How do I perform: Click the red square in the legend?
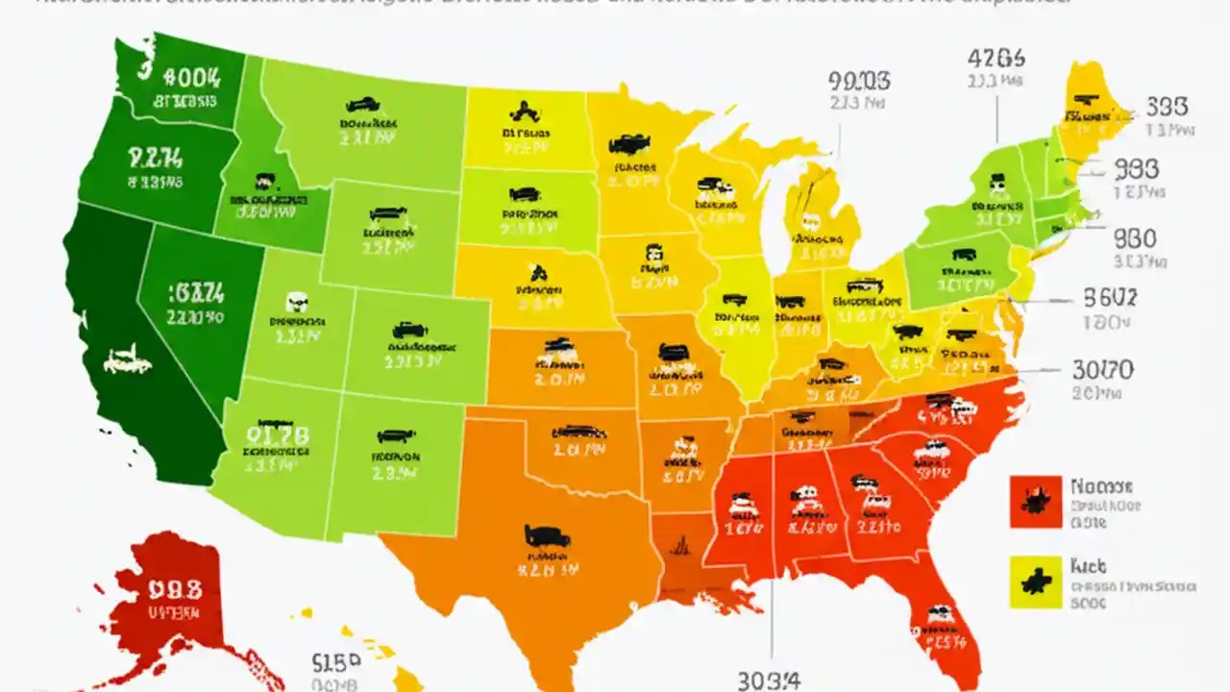click(x=1035, y=501)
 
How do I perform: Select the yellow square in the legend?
click(x=1035, y=581)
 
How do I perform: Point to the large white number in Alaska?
click(x=175, y=587)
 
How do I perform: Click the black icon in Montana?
click(x=362, y=105)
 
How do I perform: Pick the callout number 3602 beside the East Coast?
click(x=1109, y=298)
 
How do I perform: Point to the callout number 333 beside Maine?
click(x=1166, y=106)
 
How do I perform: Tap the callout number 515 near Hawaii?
click(x=336, y=662)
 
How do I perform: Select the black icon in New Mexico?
click(x=395, y=434)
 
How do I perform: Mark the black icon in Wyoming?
click(x=387, y=213)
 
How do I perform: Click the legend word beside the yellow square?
click(x=1088, y=567)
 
